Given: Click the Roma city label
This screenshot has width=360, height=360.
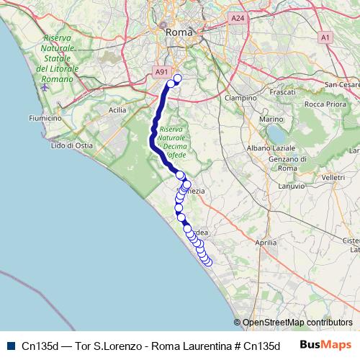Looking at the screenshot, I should tap(179, 32).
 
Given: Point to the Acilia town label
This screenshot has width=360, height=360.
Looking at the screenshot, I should tap(117, 110).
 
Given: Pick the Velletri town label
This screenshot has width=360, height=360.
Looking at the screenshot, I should tap(334, 176).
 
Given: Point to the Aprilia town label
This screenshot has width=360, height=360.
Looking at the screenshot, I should tap(266, 243).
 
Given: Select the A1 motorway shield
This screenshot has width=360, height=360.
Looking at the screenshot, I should tap(325, 37).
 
